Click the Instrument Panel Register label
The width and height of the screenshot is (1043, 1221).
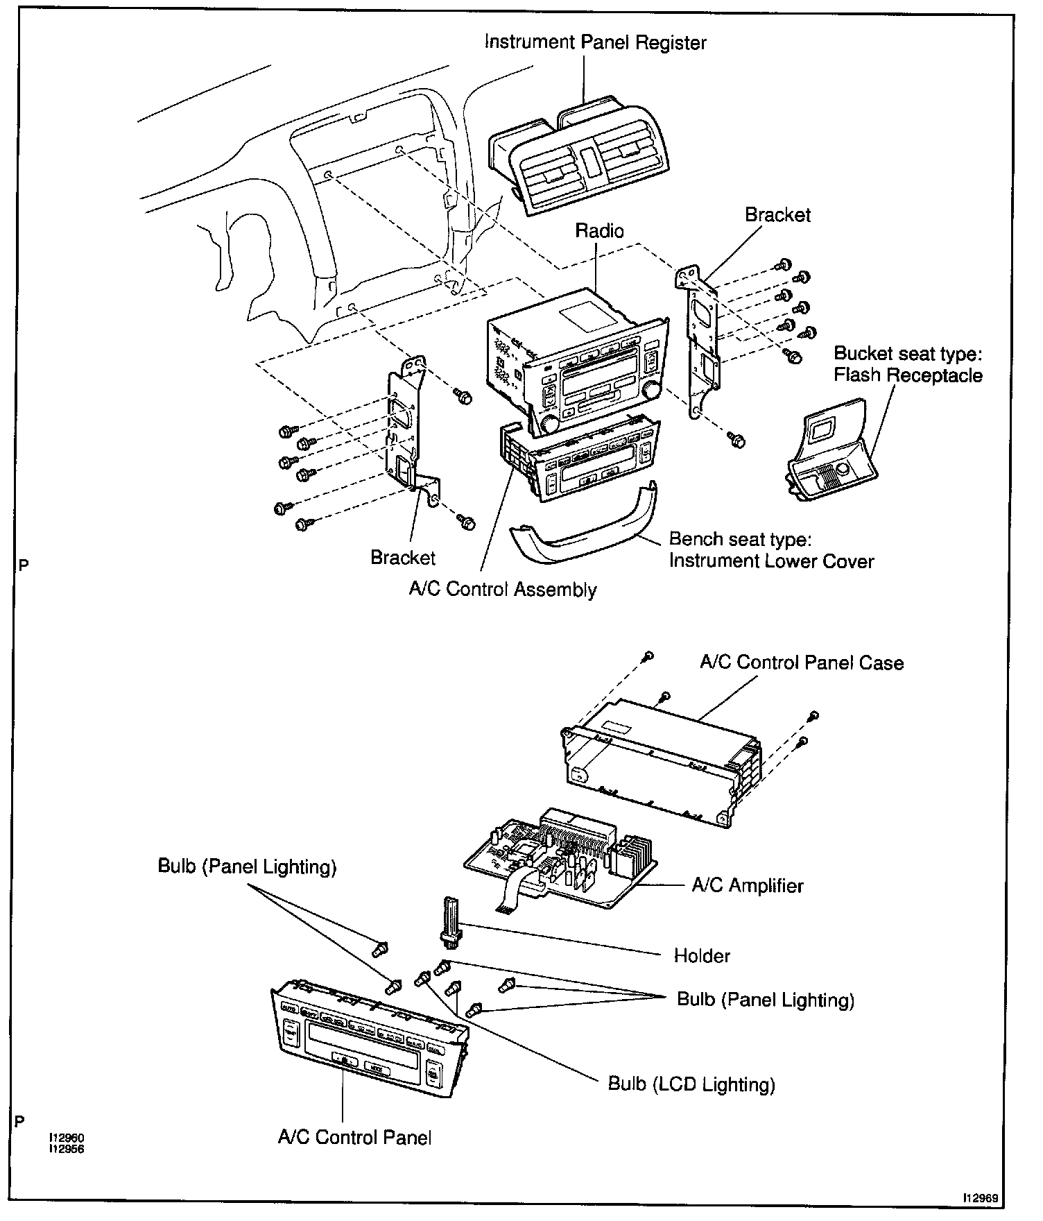(x=595, y=42)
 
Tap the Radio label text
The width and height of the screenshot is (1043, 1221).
(x=599, y=231)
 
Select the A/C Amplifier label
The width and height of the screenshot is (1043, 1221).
(x=748, y=885)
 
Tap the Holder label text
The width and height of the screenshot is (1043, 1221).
(x=702, y=956)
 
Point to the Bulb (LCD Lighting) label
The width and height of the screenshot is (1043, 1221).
(x=691, y=1084)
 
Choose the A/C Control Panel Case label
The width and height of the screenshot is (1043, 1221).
(x=802, y=663)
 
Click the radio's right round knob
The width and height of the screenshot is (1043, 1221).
(x=651, y=391)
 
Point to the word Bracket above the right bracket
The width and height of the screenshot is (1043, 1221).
(x=777, y=215)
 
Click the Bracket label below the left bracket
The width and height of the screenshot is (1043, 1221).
(x=402, y=558)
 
